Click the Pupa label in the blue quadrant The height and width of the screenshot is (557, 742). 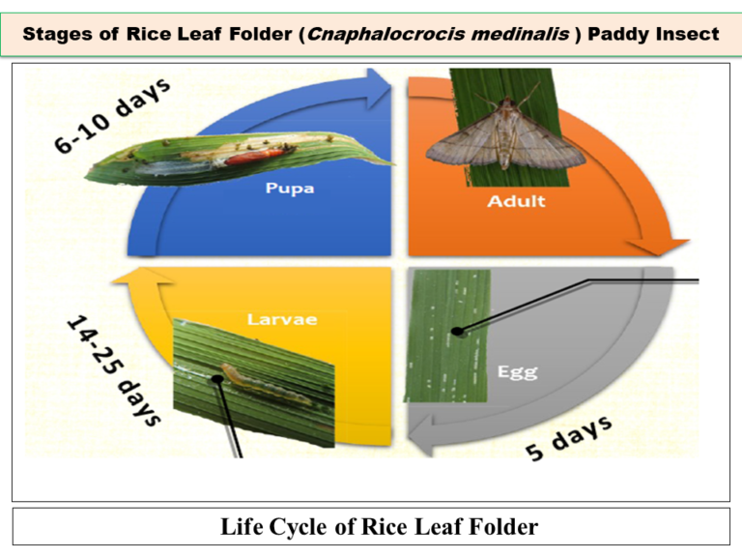click(290, 188)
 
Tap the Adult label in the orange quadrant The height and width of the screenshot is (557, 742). click(517, 201)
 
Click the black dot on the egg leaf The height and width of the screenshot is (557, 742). click(457, 332)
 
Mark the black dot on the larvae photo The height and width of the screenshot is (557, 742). click(221, 380)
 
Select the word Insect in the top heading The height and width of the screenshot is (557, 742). click(686, 35)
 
